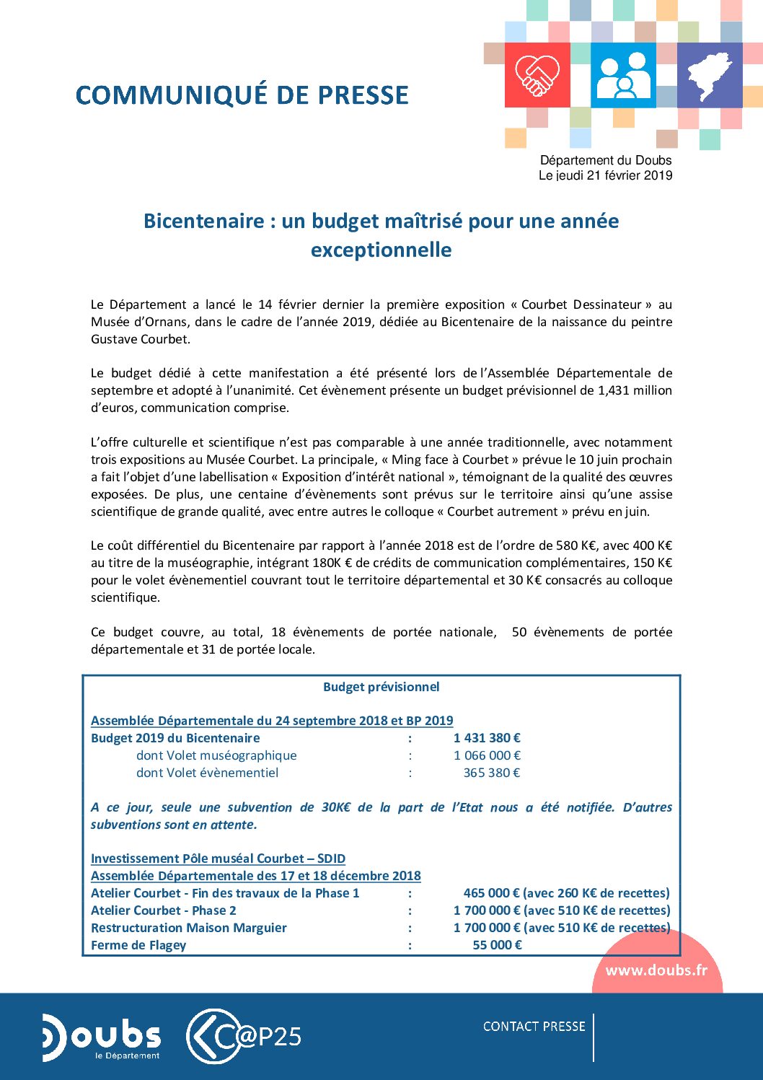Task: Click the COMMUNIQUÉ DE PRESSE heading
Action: click(x=242, y=95)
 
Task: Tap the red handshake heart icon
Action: click(x=537, y=75)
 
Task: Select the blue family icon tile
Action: click(x=623, y=75)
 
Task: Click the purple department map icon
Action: click(x=709, y=75)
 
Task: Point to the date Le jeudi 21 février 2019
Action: click(x=605, y=175)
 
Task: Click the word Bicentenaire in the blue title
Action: click(x=203, y=221)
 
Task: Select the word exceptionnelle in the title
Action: click(x=381, y=250)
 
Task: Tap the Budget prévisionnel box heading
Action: click(x=381, y=687)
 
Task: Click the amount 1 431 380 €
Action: click(x=487, y=738)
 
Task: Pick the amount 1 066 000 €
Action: click(x=487, y=755)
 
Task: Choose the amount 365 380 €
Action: click(x=491, y=773)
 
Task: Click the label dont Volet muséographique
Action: click(x=216, y=755)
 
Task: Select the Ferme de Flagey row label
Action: click(x=138, y=945)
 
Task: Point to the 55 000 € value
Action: click(x=497, y=945)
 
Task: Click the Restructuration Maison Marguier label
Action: click(x=189, y=928)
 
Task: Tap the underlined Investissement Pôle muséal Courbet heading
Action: click(x=218, y=859)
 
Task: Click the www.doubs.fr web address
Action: click(x=656, y=970)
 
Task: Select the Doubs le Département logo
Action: click(x=102, y=1037)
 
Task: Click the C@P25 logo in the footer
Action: click(x=244, y=1037)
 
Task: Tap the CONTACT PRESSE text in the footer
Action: click(x=534, y=1027)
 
